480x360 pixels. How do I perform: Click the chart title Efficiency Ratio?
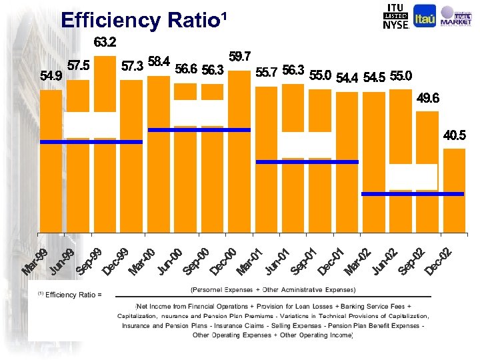click(143, 20)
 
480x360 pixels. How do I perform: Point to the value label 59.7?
click(239, 57)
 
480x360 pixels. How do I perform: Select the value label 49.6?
click(427, 98)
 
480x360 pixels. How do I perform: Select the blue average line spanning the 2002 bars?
click(412, 194)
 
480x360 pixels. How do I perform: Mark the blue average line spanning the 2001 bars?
click(307, 162)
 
